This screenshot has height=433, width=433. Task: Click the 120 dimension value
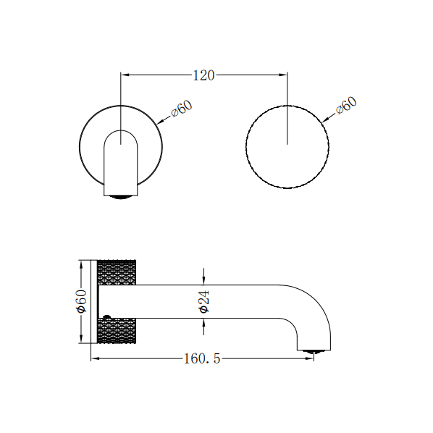(203, 75)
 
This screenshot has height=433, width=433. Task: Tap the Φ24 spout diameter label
(204, 300)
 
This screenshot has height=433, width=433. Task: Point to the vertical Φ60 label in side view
(82, 300)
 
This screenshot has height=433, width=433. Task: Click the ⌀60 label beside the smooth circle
(181, 109)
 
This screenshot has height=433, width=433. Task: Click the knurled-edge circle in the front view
(287, 147)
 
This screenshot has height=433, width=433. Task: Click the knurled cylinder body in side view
(119, 300)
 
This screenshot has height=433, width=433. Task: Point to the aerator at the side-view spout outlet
(313, 353)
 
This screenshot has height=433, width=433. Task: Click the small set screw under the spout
(107, 316)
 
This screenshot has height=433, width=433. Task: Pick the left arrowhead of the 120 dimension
(124, 74)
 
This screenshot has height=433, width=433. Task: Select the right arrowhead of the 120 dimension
(284, 74)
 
